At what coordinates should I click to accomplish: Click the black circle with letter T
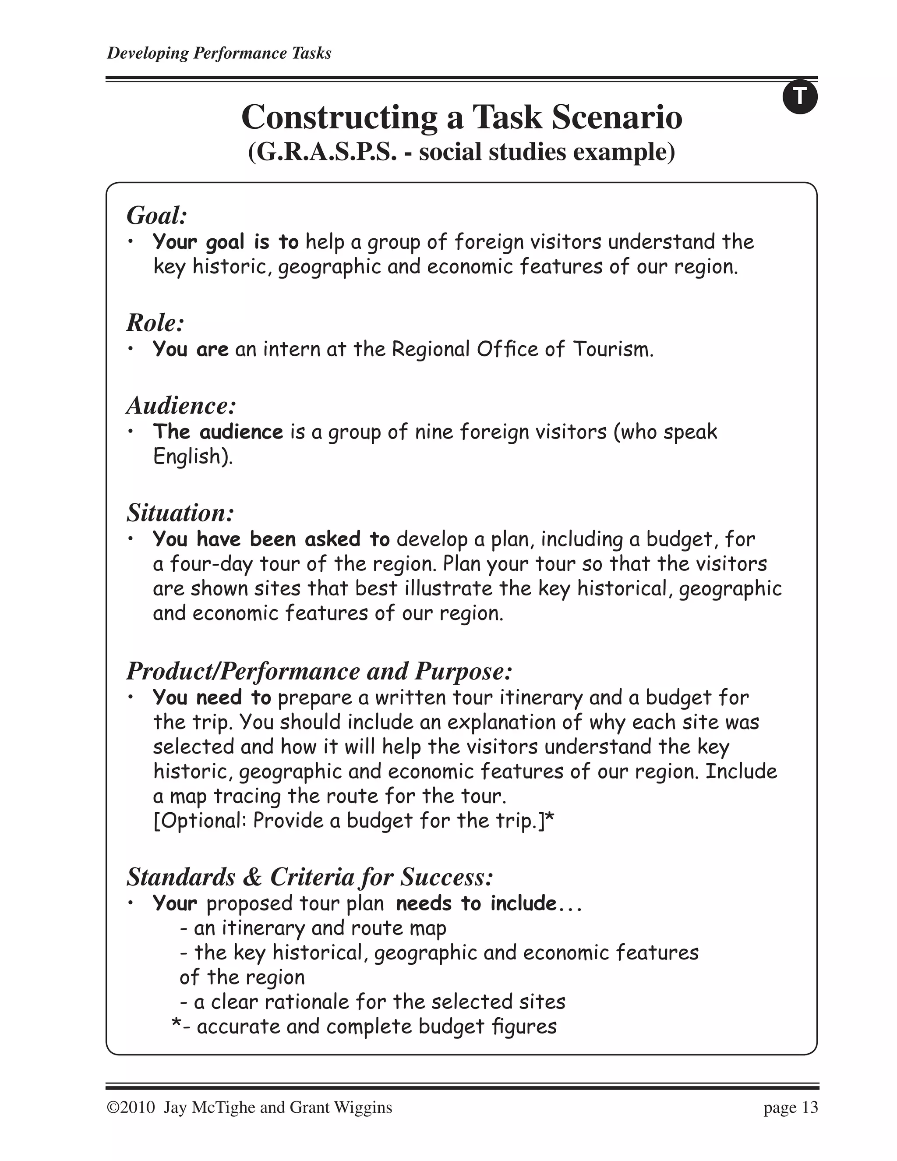[x=800, y=97]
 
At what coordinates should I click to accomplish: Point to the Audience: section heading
[x=181, y=406]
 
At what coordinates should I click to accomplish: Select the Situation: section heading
[x=180, y=513]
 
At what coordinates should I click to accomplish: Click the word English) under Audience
[x=193, y=457]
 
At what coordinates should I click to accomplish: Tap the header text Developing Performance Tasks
[x=219, y=53]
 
